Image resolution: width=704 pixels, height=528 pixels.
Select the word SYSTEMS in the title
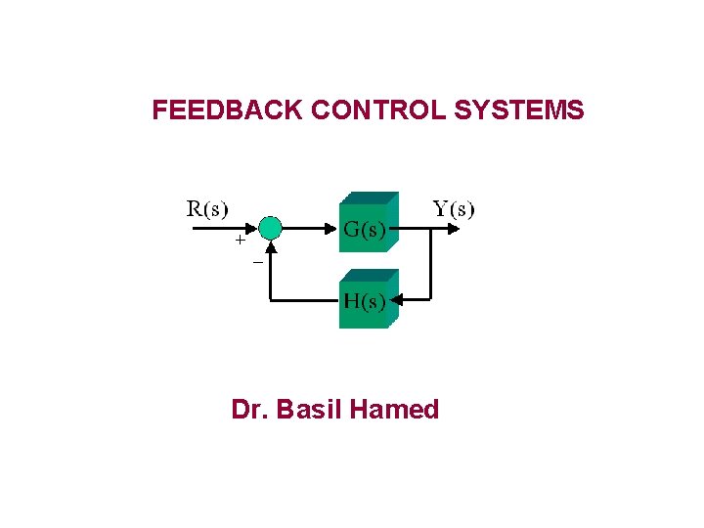(519, 110)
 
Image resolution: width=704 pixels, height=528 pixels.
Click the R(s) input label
(207, 208)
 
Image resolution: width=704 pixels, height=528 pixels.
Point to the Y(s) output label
(454, 208)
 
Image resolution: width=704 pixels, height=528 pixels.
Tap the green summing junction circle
(271, 229)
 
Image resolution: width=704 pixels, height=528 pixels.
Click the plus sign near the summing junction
(239, 239)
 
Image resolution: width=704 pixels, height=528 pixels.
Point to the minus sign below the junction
(258, 262)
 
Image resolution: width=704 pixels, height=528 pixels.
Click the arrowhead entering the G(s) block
(333, 229)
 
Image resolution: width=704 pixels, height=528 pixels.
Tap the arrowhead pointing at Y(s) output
(453, 229)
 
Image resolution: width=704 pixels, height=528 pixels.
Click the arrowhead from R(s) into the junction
(252, 229)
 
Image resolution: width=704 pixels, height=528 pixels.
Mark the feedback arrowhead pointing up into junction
(271, 246)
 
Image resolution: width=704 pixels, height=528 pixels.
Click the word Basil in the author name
(309, 409)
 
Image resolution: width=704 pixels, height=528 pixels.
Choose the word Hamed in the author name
(394, 409)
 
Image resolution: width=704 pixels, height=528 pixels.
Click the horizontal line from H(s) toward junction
(304, 298)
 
